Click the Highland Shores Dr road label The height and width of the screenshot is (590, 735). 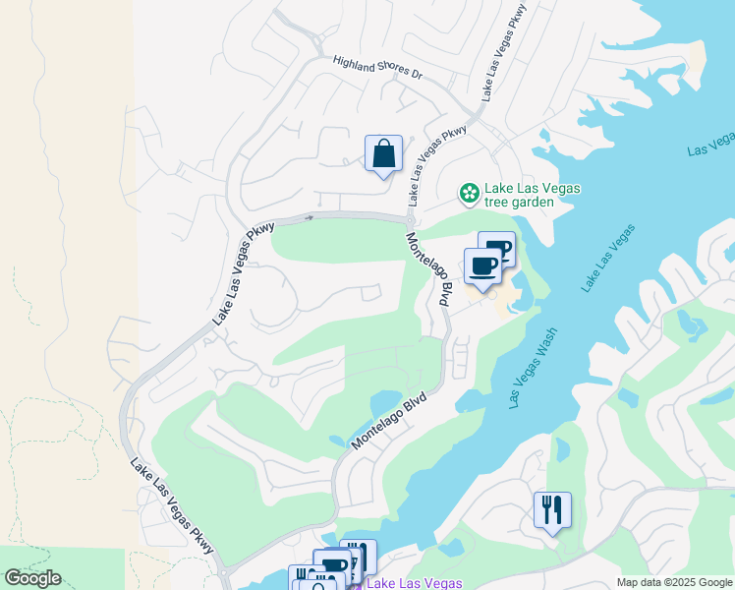coord(376,74)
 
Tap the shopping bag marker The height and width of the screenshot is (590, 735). coord(383,154)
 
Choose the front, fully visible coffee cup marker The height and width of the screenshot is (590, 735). coord(482,266)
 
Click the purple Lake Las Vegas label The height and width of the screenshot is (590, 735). coord(413,583)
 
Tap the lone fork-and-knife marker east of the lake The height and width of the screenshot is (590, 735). coord(551,509)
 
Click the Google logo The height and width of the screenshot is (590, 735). coord(32,578)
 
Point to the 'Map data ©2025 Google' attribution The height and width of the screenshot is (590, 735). coord(674,582)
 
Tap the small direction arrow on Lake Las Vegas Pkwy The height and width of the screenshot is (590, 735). coord(311,217)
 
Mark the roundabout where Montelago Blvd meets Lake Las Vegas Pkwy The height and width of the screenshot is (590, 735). coord(410,217)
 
